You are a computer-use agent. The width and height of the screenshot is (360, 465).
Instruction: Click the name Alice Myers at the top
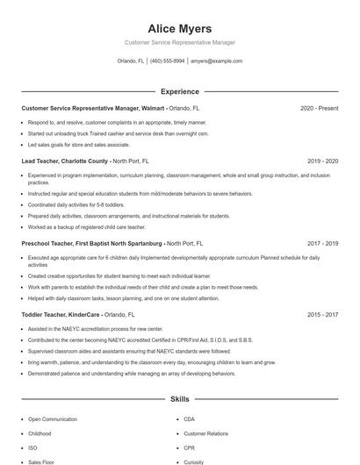point(179,28)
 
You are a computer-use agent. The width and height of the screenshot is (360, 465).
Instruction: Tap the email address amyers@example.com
point(216,61)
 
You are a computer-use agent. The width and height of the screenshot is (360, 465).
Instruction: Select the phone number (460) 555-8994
point(167,61)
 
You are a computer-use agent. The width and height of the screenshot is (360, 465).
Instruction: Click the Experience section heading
point(179,91)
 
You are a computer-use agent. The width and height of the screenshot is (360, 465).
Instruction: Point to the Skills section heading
point(179,399)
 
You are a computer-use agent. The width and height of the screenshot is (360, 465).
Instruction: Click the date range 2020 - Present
point(319,108)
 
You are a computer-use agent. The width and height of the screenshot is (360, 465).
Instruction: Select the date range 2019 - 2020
point(322,161)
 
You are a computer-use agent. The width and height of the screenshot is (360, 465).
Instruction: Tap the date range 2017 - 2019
point(322,243)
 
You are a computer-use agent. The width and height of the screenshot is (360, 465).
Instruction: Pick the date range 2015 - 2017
point(322,313)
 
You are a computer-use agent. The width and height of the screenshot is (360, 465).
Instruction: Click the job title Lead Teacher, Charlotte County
point(65,161)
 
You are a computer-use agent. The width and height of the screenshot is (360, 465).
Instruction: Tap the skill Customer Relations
point(205,433)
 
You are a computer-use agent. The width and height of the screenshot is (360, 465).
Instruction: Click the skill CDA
point(189,419)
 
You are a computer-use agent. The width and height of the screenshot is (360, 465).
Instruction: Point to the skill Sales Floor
point(41,461)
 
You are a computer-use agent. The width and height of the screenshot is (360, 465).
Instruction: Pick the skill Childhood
point(40,433)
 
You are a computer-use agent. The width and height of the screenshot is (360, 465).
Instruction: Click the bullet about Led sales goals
point(79,145)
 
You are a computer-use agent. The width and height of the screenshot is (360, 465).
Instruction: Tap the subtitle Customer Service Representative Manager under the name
point(179,42)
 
